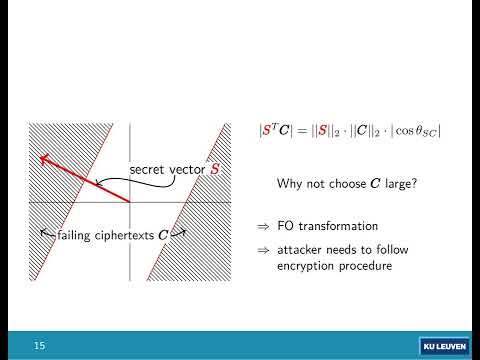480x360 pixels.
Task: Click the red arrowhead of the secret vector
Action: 43,158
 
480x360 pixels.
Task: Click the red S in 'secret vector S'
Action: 214,170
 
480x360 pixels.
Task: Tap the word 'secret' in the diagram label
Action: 148,170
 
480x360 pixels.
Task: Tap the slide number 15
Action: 40,345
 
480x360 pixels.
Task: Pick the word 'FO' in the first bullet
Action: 288,224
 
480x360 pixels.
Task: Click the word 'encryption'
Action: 310,267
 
